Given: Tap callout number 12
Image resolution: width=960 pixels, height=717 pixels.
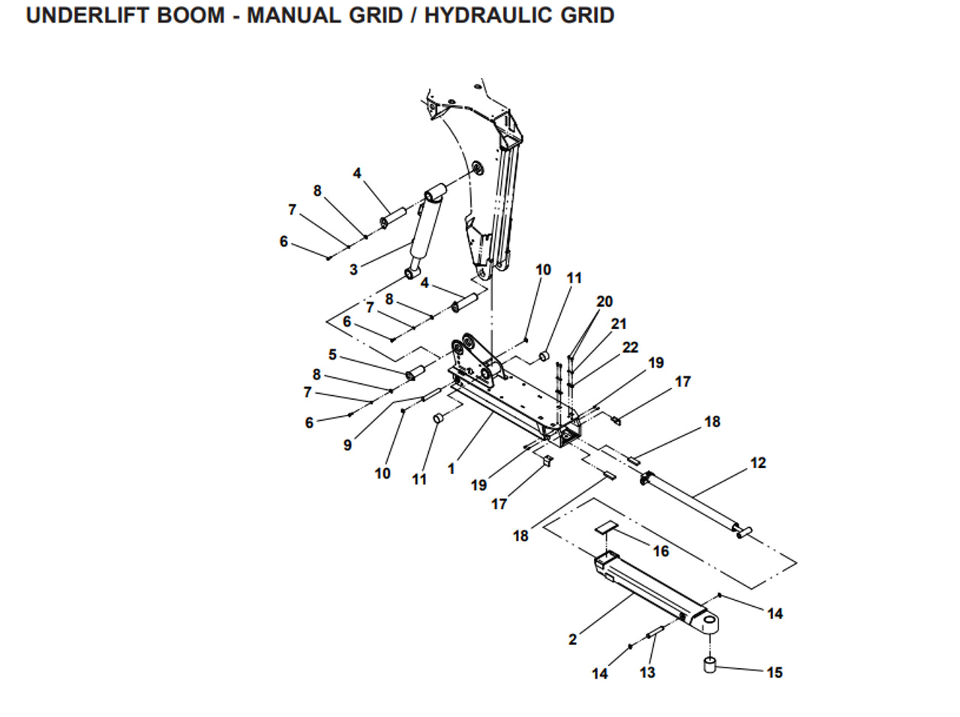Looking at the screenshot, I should point(758,463).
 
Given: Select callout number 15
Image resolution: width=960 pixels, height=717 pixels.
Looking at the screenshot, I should point(775,673).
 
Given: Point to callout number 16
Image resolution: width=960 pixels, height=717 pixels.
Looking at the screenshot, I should point(661,551).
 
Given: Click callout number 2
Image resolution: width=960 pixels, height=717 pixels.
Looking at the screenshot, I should point(573,640).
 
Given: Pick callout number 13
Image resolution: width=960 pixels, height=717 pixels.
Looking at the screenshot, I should point(647,673).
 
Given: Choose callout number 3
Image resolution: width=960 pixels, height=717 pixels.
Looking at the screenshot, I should point(354,270).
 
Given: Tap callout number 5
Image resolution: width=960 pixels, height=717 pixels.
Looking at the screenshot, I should point(332,355).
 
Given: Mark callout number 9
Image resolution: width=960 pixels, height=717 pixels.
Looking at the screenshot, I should point(347,445).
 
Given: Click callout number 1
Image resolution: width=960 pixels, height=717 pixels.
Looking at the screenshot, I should point(451,469).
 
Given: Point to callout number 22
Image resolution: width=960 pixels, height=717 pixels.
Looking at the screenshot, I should point(630,347).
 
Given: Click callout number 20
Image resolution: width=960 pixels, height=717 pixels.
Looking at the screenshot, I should point(604,301).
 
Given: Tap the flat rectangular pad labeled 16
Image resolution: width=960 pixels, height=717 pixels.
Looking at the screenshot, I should point(605,528).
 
